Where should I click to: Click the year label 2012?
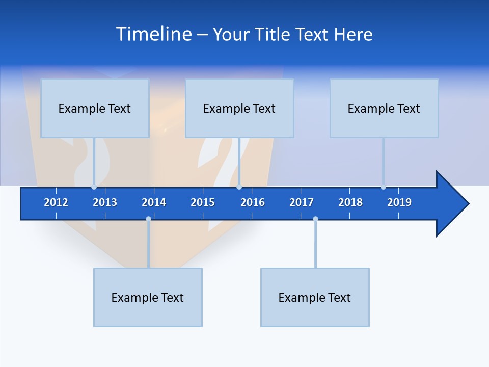tap(56, 202)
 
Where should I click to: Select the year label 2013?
tap(105, 202)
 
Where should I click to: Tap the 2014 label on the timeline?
tap(154, 202)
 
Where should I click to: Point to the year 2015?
tap(203, 202)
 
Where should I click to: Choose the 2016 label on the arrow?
tap(253, 202)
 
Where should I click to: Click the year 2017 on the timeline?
tap(302, 202)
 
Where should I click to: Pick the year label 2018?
tap(350, 202)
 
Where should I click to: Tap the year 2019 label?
tap(399, 202)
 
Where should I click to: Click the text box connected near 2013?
tap(95, 108)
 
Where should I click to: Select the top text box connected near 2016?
tap(239, 108)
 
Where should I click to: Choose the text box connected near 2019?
tap(384, 108)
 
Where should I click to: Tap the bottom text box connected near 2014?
tap(148, 297)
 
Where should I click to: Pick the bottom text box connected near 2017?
tap(315, 297)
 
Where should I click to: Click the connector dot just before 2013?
tap(94, 187)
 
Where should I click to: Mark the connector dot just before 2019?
tap(383, 187)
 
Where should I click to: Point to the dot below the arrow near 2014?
tap(148, 219)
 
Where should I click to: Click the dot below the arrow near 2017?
tap(315, 219)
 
